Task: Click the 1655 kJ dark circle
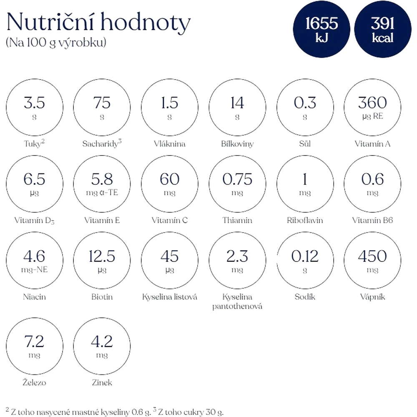(322, 29)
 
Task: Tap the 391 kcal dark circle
(383, 29)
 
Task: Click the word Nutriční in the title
(50, 22)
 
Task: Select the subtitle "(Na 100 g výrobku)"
(56, 42)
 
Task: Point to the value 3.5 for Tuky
(34, 103)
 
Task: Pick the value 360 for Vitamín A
(372, 103)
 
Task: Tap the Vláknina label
(170, 143)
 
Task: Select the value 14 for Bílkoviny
(237, 103)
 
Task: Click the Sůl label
(305, 143)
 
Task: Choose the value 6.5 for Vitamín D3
(34, 179)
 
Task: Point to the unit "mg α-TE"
(102, 192)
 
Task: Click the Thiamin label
(237, 220)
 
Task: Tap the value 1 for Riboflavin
(305, 179)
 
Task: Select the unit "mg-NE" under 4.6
(34, 269)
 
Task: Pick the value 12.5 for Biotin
(102, 256)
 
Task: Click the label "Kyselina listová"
(170, 297)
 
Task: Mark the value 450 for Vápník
(372, 256)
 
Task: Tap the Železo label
(34, 382)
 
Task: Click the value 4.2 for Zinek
(102, 342)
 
